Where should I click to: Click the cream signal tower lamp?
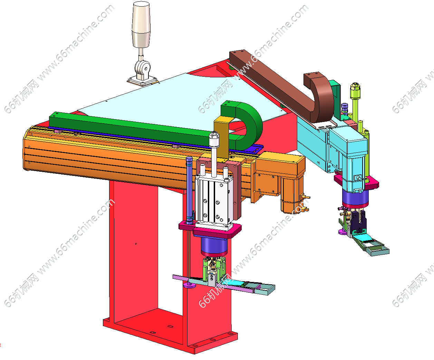(141, 25)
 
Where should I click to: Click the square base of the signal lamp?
(143, 81)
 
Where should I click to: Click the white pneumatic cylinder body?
(214, 200)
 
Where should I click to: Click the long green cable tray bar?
(129, 127)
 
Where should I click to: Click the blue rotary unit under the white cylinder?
(214, 245)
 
